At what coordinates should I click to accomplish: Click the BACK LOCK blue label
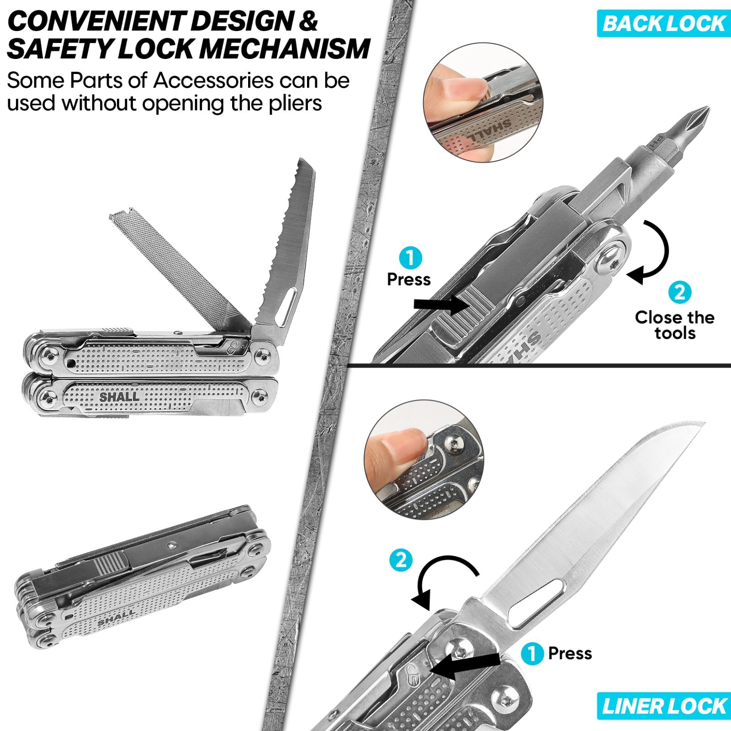click(664, 23)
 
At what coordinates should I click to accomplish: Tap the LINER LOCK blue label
click(664, 706)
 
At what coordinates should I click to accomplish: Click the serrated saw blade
click(292, 238)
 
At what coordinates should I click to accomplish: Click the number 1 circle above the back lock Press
click(410, 258)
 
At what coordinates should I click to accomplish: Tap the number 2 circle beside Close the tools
click(679, 292)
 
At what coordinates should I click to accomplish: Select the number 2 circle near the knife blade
click(401, 560)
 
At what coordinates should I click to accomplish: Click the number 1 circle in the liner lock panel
click(532, 653)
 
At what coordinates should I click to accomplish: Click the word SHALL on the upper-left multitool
click(119, 397)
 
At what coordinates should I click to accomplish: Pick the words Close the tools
click(674, 325)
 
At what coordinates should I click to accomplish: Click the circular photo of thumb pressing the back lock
click(483, 102)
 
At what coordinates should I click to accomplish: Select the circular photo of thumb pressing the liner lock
click(424, 460)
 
